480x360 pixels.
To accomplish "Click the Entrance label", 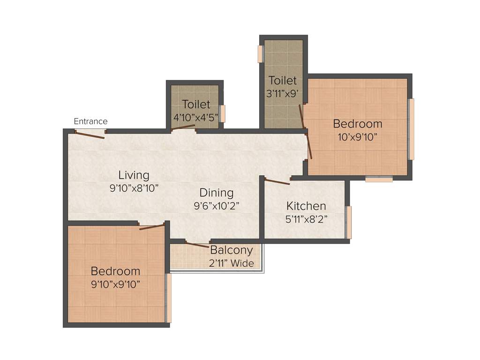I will click(x=90, y=121).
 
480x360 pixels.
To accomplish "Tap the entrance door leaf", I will click(x=90, y=135).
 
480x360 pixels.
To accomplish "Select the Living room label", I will click(x=134, y=175).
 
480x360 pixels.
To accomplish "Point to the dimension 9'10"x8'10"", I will click(x=134, y=188).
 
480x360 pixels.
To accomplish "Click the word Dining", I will click(x=216, y=193).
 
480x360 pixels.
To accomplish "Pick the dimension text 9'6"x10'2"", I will click(x=216, y=205).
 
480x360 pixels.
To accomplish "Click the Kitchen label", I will click(x=306, y=206).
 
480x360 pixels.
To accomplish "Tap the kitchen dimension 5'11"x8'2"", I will click(x=306, y=218).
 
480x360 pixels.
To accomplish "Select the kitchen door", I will click(x=277, y=182).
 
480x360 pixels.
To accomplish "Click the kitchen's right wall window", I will click(x=348, y=222).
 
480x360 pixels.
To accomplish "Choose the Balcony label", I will click(x=231, y=250).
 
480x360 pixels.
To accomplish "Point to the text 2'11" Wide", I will click(x=231, y=263).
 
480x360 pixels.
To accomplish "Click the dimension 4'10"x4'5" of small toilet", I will click(x=196, y=117).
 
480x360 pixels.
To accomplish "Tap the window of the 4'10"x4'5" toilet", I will click(x=223, y=113).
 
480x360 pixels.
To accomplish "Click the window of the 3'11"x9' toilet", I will click(x=260, y=54).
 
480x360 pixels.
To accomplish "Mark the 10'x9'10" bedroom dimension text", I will click(x=358, y=137).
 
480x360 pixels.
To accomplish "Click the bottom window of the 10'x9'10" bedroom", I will click(x=379, y=179).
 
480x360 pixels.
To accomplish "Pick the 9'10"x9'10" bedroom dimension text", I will click(x=115, y=284).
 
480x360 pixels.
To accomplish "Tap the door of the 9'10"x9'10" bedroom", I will click(x=152, y=227).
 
